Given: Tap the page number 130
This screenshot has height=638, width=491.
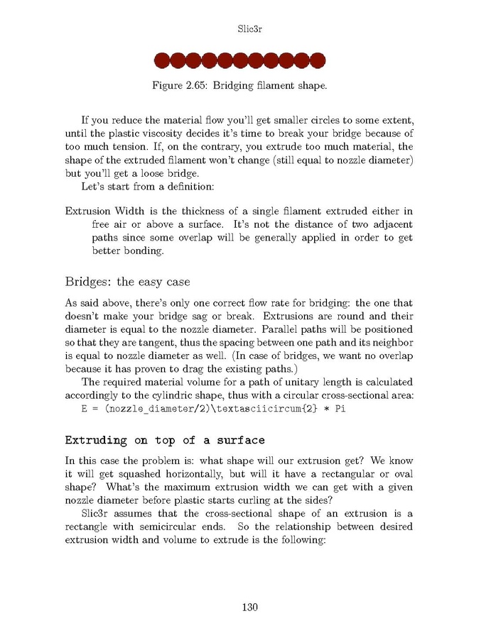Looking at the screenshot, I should (x=249, y=607).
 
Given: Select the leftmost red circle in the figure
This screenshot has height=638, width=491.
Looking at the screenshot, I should (x=162, y=60).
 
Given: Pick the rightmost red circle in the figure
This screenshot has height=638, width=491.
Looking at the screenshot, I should (x=317, y=60).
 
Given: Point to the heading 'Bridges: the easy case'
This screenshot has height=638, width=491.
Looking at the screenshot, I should (x=127, y=282).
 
